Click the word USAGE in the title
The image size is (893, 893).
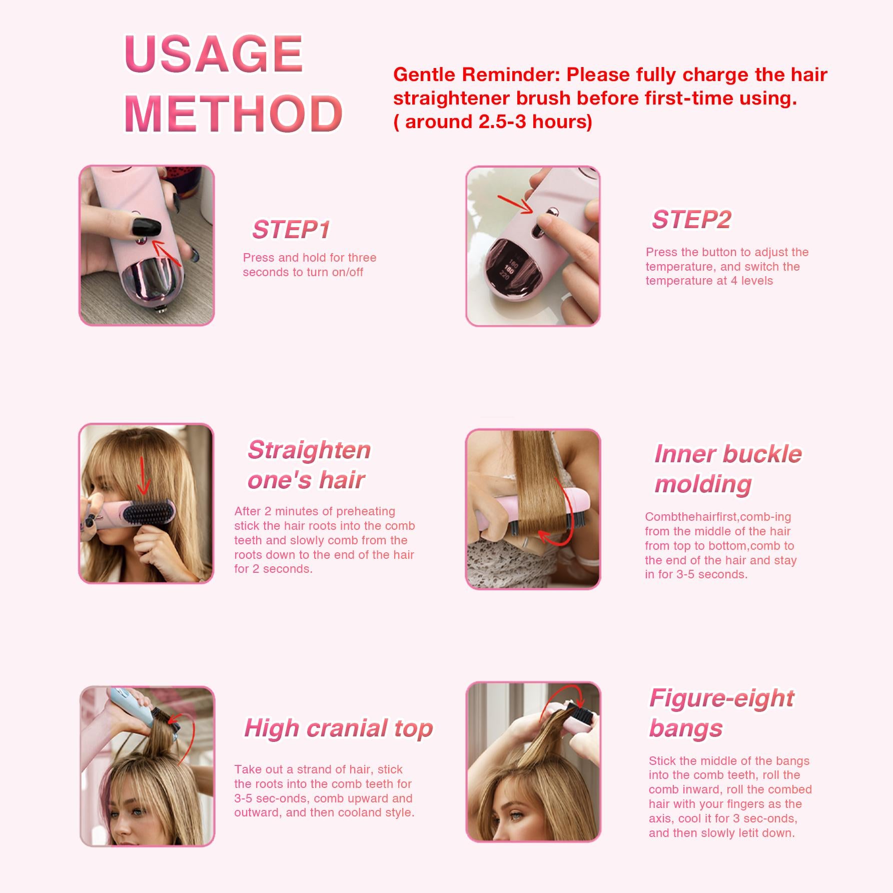coord(214,54)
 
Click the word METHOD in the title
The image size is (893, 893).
coord(233,114)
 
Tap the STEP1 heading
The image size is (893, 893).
coord(291,230)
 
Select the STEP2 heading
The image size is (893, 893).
coord(691,220)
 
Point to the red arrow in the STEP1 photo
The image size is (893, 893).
coord(167,253)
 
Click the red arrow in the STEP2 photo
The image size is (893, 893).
coord(515,205)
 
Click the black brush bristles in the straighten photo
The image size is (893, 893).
coord(149,513)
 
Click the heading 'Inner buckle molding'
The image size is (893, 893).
coord(728,469)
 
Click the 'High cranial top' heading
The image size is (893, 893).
coord(339,728)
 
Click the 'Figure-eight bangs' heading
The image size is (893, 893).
coord(722,713)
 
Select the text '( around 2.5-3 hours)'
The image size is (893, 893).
coord(493,122)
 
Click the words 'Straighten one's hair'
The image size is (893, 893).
coord(309,465)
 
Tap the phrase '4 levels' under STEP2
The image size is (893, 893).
coord(751,281)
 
